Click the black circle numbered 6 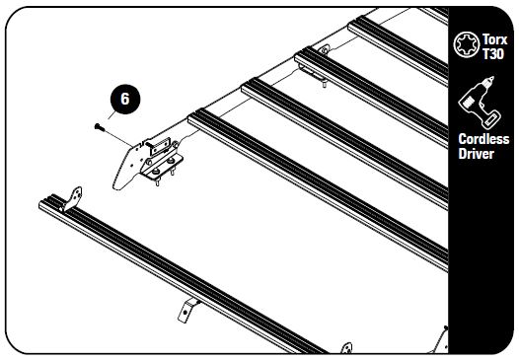pyautogui.click(x=124, y=99)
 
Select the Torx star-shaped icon pyautogui.click(x=465, y=43)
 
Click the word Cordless pyautogui.click(x=483, y=140)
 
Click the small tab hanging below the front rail pyautogui.click(x=185, y=310)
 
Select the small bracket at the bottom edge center pyautogui.click(x=346, y=346)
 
